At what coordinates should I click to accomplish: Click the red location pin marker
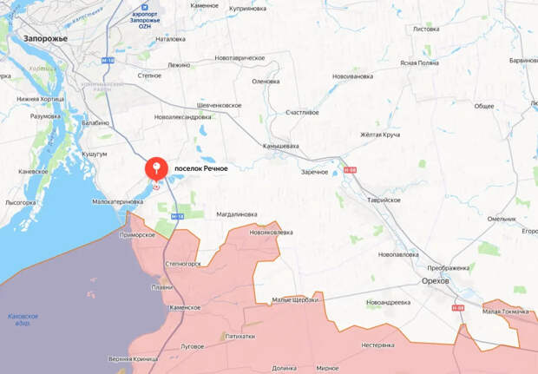coord(156,167)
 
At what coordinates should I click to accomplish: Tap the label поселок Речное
coord(200,168)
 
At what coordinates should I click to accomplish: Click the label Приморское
coord(138,235)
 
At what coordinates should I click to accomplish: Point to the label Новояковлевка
coord(271,233)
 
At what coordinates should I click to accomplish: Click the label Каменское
coord(185,308)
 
